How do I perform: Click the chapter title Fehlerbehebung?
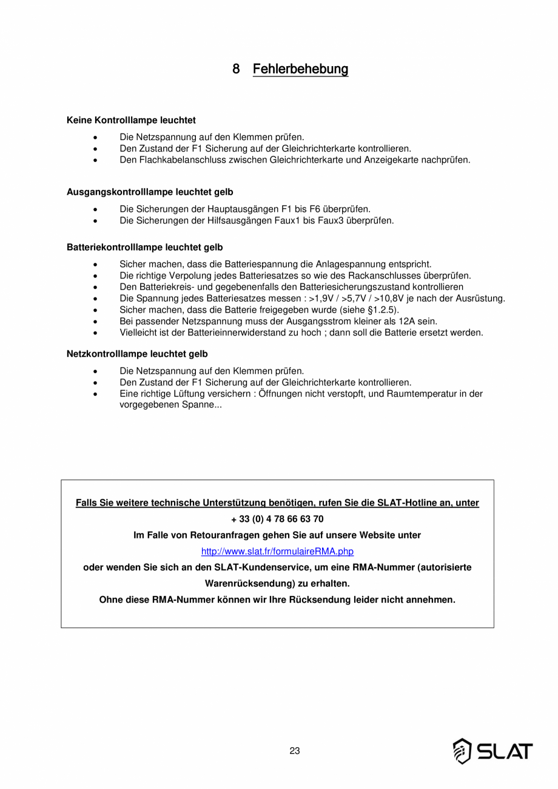[300, 69]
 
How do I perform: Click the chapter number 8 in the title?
[237, 69]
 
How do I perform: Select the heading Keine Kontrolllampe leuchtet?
[131, 120]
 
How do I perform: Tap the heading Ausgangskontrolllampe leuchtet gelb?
[150, 192]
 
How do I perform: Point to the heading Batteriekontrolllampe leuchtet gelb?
[144, 248]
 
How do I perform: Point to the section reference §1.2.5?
[383, 310]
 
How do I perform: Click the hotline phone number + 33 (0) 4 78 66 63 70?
[277, 519]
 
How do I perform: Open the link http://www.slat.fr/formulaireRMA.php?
[277, 552]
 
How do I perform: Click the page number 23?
[295, 751]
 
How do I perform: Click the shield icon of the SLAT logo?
[462, 751]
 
